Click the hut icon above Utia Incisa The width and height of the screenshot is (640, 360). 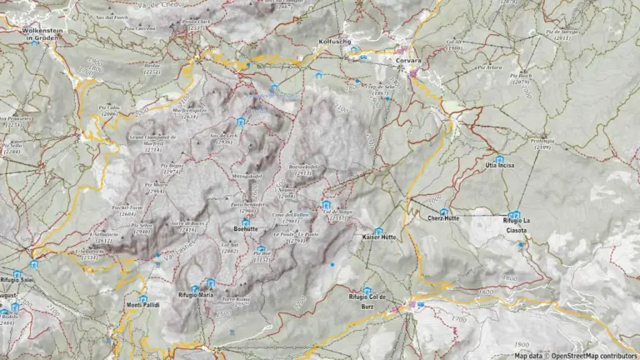[499, 159]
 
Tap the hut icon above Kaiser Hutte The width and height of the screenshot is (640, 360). [378, 231]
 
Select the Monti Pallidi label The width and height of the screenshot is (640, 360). [142, 305]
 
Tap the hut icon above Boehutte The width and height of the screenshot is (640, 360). [245, 222]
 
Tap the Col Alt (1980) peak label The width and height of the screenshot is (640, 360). [453, 45]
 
